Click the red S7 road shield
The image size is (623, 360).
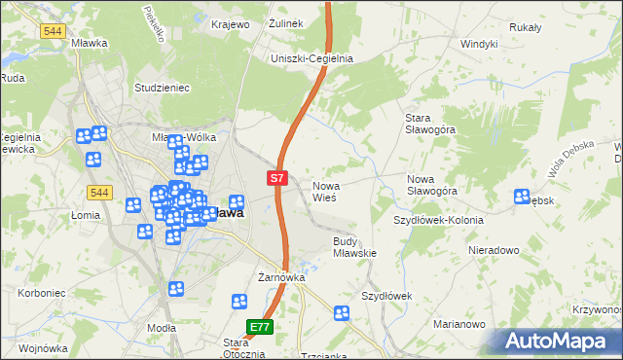click(277, 178)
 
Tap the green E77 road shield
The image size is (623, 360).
click(259, 328)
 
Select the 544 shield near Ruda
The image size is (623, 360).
click(54, 31)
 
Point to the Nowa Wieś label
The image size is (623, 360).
click(324, 191)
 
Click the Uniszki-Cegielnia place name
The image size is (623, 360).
click(311, 58)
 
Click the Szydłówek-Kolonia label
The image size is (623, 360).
click(438, 220)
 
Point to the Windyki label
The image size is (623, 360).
click(479, 44)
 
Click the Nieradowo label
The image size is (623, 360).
click(494, 249)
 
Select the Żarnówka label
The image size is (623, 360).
click(282, 277)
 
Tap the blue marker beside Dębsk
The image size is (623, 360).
click(522, 198)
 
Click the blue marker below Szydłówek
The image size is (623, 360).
click(342, 313)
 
